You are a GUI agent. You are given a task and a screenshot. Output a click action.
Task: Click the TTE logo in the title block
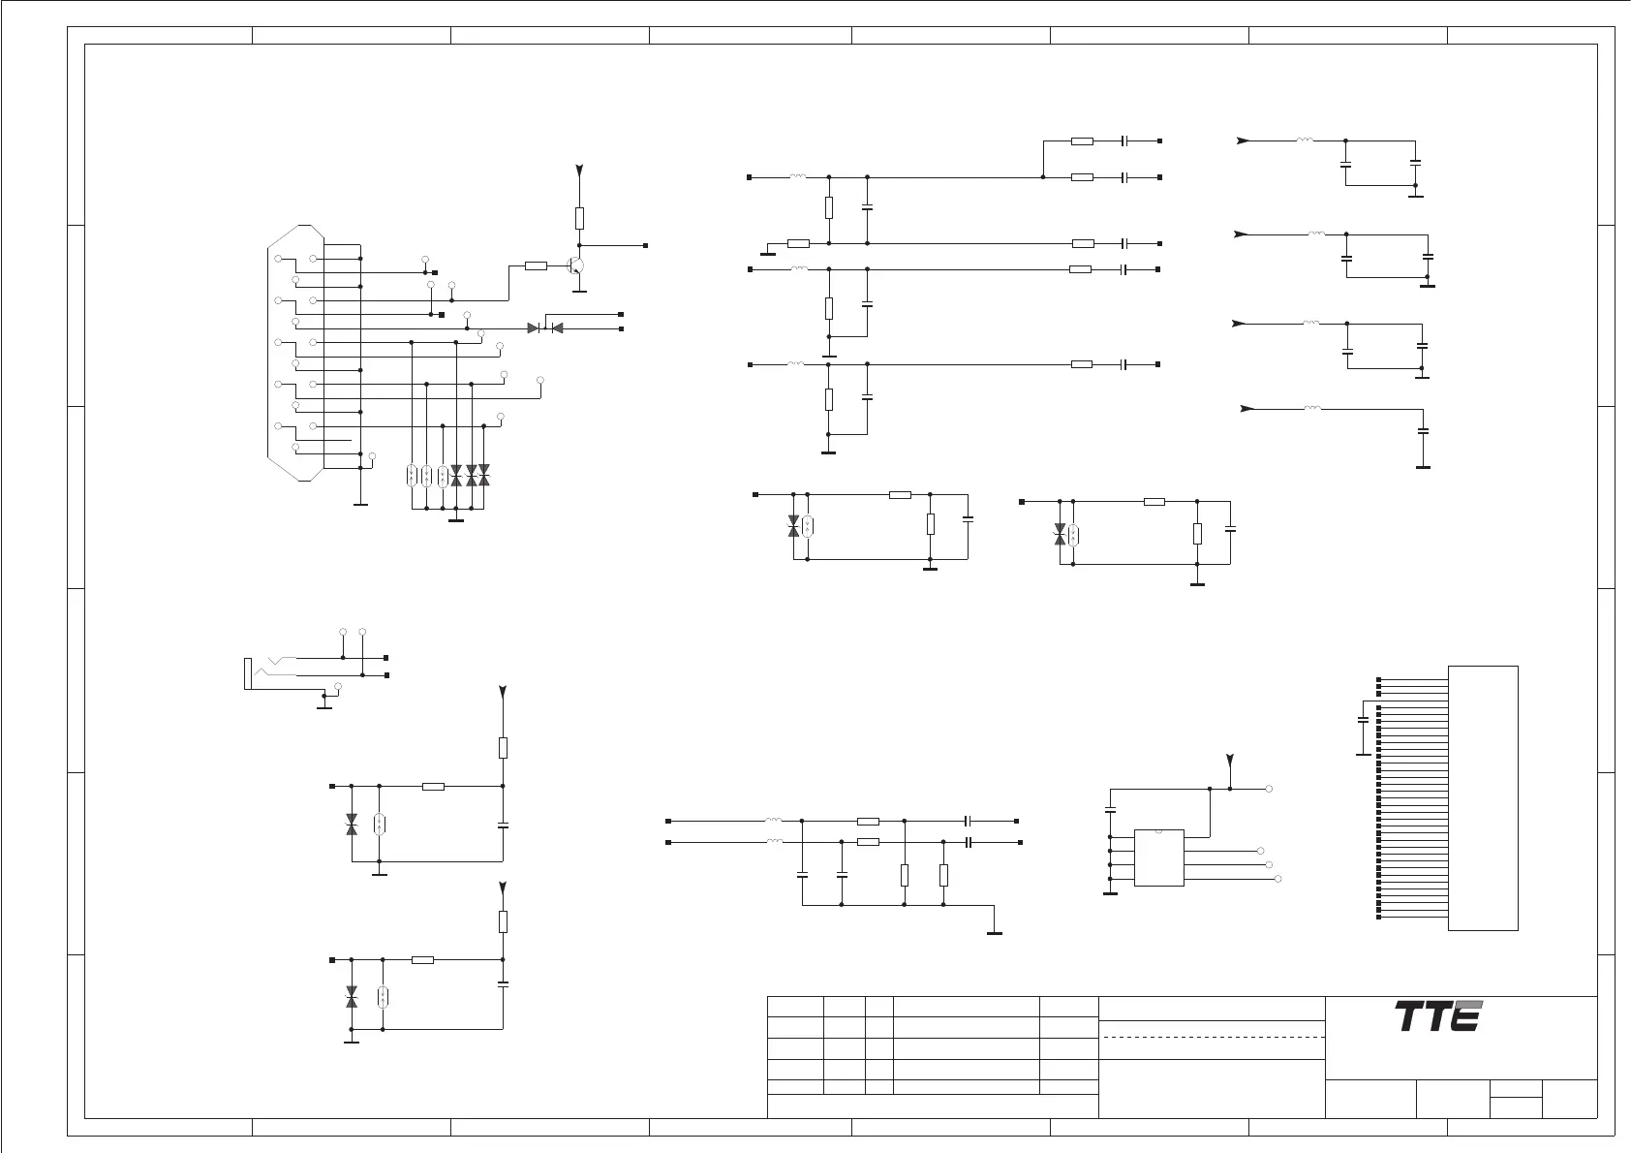click(1438, 1016)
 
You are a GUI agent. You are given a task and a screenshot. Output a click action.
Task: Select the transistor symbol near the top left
click(577, 266)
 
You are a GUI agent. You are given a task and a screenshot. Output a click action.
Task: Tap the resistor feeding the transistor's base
click(536, 265)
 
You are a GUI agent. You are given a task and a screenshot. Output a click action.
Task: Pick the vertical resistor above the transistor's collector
click(579, 217)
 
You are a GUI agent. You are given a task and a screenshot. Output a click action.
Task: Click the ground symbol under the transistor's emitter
click(579, 290)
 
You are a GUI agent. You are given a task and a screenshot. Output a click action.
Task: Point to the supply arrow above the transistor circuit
click(579, 171)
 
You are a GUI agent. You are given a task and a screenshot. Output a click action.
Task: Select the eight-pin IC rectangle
click(1159, 857)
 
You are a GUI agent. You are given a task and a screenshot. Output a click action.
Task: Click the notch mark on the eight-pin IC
click(1159, 831)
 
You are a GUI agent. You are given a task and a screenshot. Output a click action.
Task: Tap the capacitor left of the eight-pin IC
click(1110, 809)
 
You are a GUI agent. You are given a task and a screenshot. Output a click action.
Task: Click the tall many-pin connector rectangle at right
click(1483, 798)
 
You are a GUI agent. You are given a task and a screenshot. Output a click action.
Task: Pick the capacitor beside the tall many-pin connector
click(1363, 721)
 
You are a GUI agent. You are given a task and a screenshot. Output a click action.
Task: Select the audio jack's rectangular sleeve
click(247, 673)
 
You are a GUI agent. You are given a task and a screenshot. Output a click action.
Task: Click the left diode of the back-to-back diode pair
click(534, 328)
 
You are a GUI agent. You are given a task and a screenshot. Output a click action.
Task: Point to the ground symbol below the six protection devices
click(456, 519)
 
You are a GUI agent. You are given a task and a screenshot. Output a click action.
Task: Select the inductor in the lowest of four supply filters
click(1311, 408)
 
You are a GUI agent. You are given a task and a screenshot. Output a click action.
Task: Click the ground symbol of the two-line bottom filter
click(995, 932)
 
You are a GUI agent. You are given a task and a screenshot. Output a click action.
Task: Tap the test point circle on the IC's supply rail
click(1269, 789)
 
